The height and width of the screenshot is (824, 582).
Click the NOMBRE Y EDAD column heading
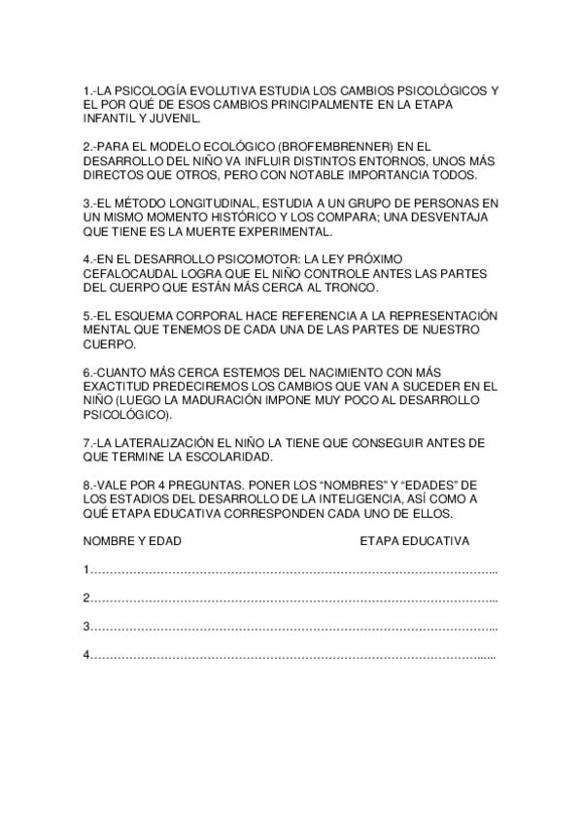pos(132,541)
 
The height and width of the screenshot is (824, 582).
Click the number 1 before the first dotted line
pos(87,569)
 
